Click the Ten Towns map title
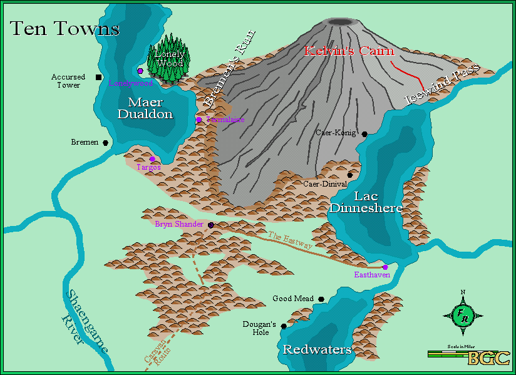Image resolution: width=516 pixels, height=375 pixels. [x=64, y=29]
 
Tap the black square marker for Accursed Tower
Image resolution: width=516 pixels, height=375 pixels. [x=98, y=77]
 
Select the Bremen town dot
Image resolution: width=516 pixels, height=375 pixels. [x=105, y=143]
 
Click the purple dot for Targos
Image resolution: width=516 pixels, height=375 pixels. [x=152, y=159]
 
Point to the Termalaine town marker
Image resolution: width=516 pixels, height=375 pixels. [x=199, y=119]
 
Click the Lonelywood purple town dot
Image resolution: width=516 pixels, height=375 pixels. [x=140, y=71]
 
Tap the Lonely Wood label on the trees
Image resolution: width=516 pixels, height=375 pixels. [x=169, y=59]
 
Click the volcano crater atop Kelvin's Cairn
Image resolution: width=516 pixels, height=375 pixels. [x=340, y=21]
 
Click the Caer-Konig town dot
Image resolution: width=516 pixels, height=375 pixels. [x=364, y=133]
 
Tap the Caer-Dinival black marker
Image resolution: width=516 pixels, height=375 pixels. [x=349, y=175]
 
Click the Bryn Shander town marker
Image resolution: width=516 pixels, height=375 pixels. [x=210, y=225]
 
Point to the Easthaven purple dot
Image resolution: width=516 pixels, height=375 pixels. [x=386, y=267]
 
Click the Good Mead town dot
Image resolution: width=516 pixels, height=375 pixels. [x=321, y=299]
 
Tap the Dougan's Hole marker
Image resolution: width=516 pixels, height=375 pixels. [x=284, y=326]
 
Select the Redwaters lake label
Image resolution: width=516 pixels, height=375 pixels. [x=317, y=350]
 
